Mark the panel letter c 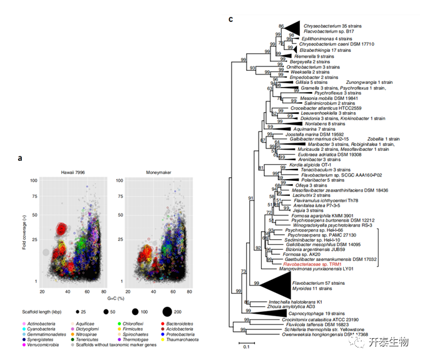click(231, 19)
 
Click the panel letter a click(20, 158)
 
